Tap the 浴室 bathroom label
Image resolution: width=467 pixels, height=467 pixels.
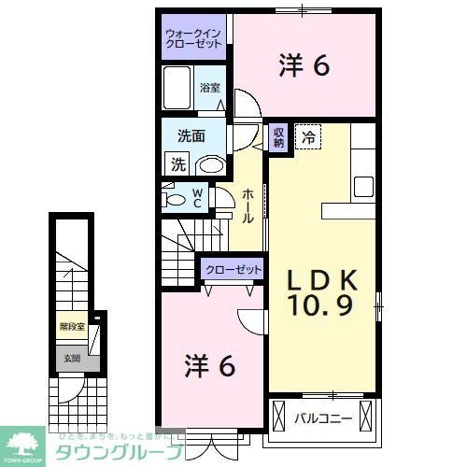click(x=210, y=89)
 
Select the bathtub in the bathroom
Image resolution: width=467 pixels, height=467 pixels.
click(x=178, y=89)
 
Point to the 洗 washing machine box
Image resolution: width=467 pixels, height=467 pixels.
click(x=177, y=163)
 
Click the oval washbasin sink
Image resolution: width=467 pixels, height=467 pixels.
click(x=211, y=165)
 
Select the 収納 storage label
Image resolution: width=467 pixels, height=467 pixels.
click(x=278, y=138)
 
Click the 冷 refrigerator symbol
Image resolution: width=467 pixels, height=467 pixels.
click(x=309, y=137)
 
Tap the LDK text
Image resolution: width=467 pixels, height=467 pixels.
click(x=322, y=278)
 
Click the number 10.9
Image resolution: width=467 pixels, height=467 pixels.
click(x=322, y=306)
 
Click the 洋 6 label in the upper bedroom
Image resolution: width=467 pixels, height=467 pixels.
click(x=304, y=65)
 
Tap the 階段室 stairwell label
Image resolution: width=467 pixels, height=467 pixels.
click(x=72, y=328)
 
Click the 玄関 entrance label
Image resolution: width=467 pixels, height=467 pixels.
click(x=71, y=358)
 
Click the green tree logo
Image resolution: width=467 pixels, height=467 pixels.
click(x=25, y=440)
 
